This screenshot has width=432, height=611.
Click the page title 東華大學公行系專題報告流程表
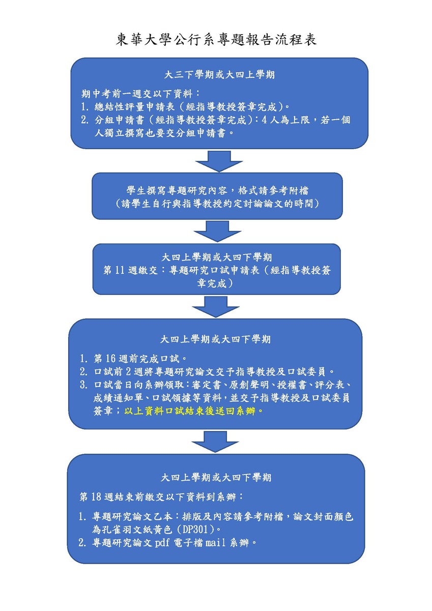[x=216, y=40]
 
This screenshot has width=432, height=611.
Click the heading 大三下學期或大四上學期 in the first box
[x=220, y=75]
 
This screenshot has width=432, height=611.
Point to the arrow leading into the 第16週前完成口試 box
[x=216, y=306]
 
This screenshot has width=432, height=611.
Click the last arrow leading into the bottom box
[x=216, y=441]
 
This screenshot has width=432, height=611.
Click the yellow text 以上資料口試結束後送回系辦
[x=195, y=410]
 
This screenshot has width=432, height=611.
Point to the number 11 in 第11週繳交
[x=120, y=270]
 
